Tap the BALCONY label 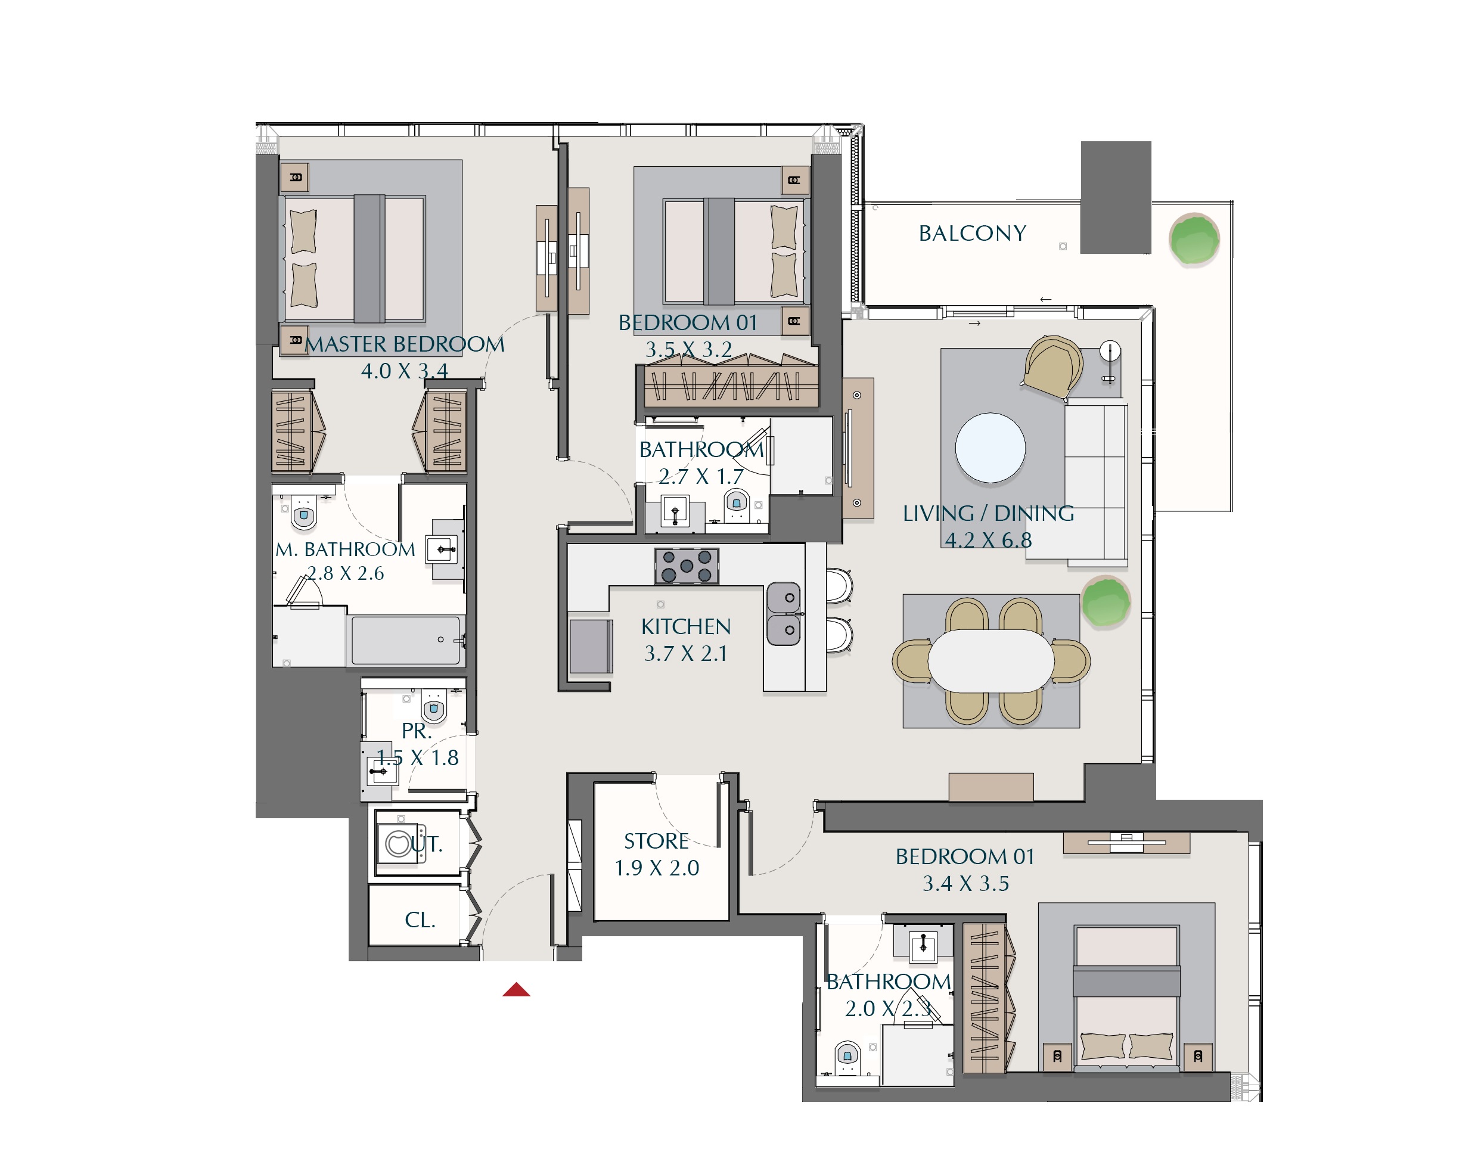click(972, 234)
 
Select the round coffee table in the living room click(990, 448)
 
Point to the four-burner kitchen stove click(686, 566)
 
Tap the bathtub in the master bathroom click(406, 640)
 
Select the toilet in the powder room click(433, 706)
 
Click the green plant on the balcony click(1194, 239)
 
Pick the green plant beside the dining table click(1106, 601)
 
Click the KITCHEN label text click(685, 626)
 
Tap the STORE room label click(656, 841)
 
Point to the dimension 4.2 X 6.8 click(988, 540)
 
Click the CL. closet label click(420, 920)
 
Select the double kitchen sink click(783, 614)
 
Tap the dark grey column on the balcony click(1116, 197)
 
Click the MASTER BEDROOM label click(405, 344)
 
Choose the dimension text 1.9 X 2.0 click(657, 868)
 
